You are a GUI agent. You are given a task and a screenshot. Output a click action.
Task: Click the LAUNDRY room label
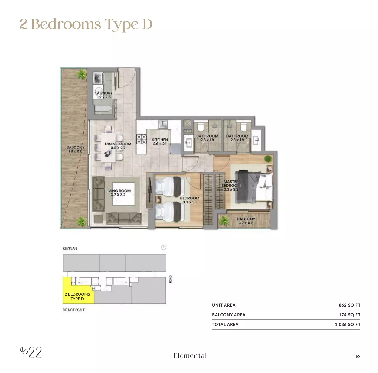104,93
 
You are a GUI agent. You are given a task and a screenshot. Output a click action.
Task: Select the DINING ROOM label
118,144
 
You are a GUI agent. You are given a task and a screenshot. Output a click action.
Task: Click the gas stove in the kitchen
142,139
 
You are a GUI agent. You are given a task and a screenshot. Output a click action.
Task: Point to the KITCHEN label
160,140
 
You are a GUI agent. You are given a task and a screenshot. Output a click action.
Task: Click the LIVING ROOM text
118,191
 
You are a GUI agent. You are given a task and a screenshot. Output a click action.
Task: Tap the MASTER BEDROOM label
231,183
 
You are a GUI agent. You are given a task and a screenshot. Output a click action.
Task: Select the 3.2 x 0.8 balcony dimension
246,223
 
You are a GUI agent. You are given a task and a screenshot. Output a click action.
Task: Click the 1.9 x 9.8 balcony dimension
75,151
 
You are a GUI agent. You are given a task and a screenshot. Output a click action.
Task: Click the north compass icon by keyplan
164,248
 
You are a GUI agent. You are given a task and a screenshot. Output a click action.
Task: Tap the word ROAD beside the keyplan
171,279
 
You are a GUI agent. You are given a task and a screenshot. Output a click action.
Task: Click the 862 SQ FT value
350,305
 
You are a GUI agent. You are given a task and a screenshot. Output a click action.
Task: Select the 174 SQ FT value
350,315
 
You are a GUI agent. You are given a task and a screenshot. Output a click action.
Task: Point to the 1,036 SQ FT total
347,324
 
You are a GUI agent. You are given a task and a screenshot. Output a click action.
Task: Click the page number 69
358,356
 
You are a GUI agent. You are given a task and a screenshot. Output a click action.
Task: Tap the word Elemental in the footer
190,355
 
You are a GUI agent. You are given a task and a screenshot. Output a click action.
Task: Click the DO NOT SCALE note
74,310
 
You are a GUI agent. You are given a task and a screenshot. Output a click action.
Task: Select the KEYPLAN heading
70,248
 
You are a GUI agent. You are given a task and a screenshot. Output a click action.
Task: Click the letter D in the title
147,24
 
